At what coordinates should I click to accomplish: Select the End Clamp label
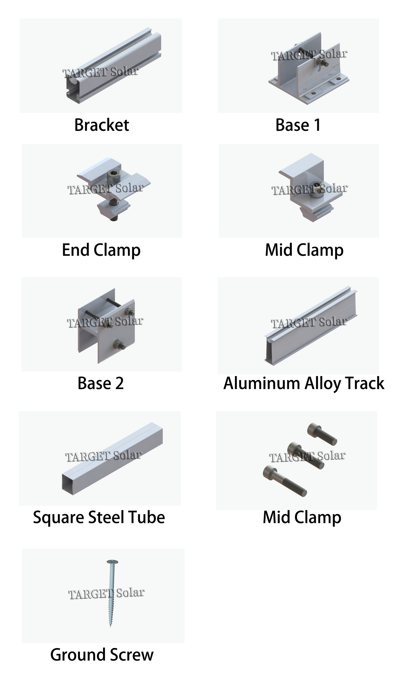pos(101,250)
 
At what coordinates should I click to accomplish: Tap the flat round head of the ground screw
pos(112,562)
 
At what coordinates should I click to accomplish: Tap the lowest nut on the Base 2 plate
pos(119,344)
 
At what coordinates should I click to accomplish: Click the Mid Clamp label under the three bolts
pos(302,517)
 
